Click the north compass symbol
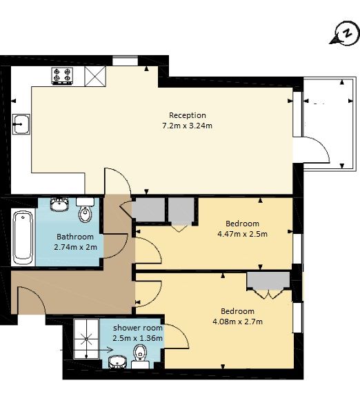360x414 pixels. [x=345, y=34]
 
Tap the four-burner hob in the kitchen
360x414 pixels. [x=62, y=76]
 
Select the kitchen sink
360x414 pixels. [x=21, y=124]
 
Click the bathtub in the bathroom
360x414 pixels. [x=23, y=237]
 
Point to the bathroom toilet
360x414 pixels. [x=86, y=210]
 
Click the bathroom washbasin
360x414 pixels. [x=59, y=204]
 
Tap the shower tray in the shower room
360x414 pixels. [x=86, y=339]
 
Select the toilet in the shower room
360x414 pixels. [x=141, y=357]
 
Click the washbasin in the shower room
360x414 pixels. [x=118, y=362]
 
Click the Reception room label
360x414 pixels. [x=188, y=115]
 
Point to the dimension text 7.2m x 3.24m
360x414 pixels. [x=187, y=126]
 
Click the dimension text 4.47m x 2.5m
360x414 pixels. [x=242, y=234]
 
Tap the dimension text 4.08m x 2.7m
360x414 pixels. [x=237, y=322]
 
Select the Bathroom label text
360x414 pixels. [x=75, y=237]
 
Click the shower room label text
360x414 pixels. [x=138, y=328]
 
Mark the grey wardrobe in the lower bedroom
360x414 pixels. [x=268, y=281]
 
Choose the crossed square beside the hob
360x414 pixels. [x=95, y=77]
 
